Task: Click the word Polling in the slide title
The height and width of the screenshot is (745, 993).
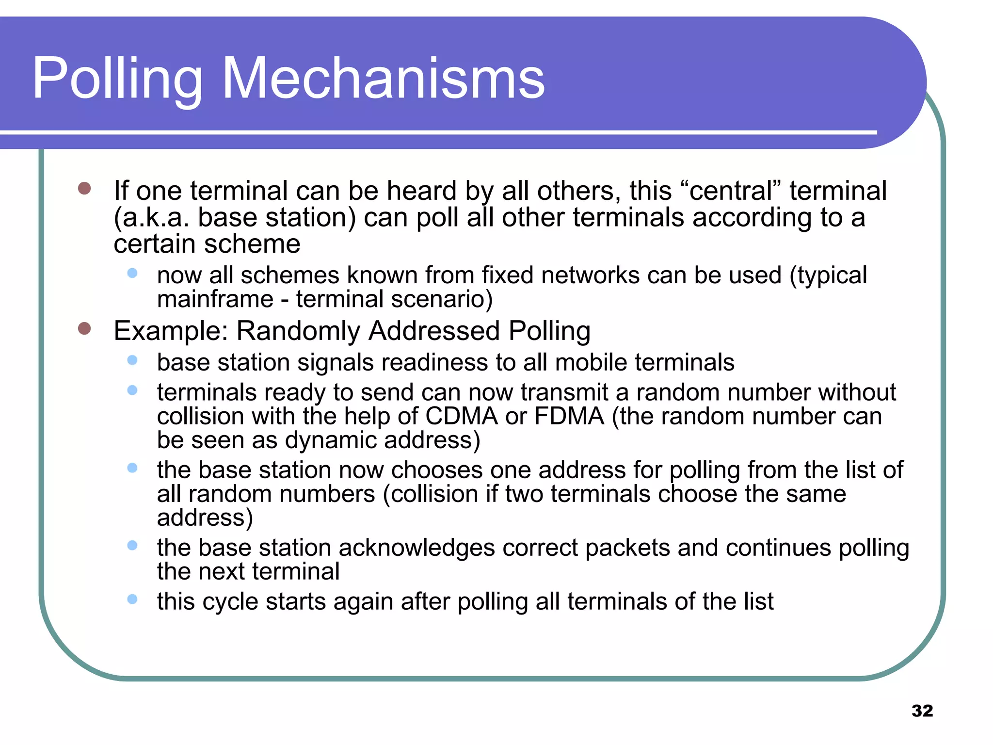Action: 117,79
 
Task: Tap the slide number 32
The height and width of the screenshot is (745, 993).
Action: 922,711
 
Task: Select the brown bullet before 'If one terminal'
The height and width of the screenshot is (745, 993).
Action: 84,188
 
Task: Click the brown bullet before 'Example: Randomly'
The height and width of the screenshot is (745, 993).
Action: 84,328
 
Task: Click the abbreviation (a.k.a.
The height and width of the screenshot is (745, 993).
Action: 151,217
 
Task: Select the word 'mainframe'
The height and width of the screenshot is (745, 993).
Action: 215,299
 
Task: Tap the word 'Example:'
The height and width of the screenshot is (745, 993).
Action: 171,331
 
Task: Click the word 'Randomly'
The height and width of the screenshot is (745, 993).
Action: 298,331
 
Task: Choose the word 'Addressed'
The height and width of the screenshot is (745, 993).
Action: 434,331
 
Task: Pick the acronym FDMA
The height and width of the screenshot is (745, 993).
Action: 569,416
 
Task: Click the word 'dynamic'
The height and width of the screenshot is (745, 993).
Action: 330,440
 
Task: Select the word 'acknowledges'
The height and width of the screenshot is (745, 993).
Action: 416,548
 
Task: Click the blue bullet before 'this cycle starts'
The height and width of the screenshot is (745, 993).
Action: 132,599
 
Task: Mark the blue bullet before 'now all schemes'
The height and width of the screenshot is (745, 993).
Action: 132,273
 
